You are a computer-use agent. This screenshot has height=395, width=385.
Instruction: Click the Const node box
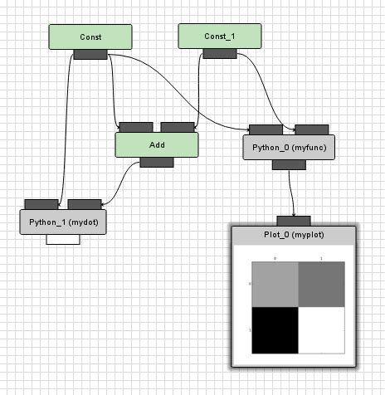coord(90,37)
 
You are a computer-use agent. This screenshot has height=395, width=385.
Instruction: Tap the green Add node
coord(157,144)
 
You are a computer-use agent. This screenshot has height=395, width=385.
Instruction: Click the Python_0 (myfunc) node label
coord(289,147)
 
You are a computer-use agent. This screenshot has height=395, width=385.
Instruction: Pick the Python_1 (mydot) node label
coord(63,222)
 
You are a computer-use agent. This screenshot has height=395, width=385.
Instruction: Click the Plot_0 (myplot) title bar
coord(293,236)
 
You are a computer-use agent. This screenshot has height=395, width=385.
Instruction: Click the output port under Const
coord(90,55)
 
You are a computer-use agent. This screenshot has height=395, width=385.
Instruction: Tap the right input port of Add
coord(178,127)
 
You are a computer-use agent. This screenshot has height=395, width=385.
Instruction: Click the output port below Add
coord(157,162)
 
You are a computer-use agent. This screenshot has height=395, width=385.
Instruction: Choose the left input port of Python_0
coord(266,129)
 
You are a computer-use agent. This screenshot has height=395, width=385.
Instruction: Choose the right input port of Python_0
coord(310,129)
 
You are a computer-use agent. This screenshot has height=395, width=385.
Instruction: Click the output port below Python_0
coord(289,164)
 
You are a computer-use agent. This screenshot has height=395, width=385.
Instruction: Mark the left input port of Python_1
coord(41,204)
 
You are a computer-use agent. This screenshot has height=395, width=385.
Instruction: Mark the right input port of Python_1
coord(84,204)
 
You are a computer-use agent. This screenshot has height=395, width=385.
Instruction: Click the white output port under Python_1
coord(63,239)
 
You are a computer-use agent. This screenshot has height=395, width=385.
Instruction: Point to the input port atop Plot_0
coord(293,221)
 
